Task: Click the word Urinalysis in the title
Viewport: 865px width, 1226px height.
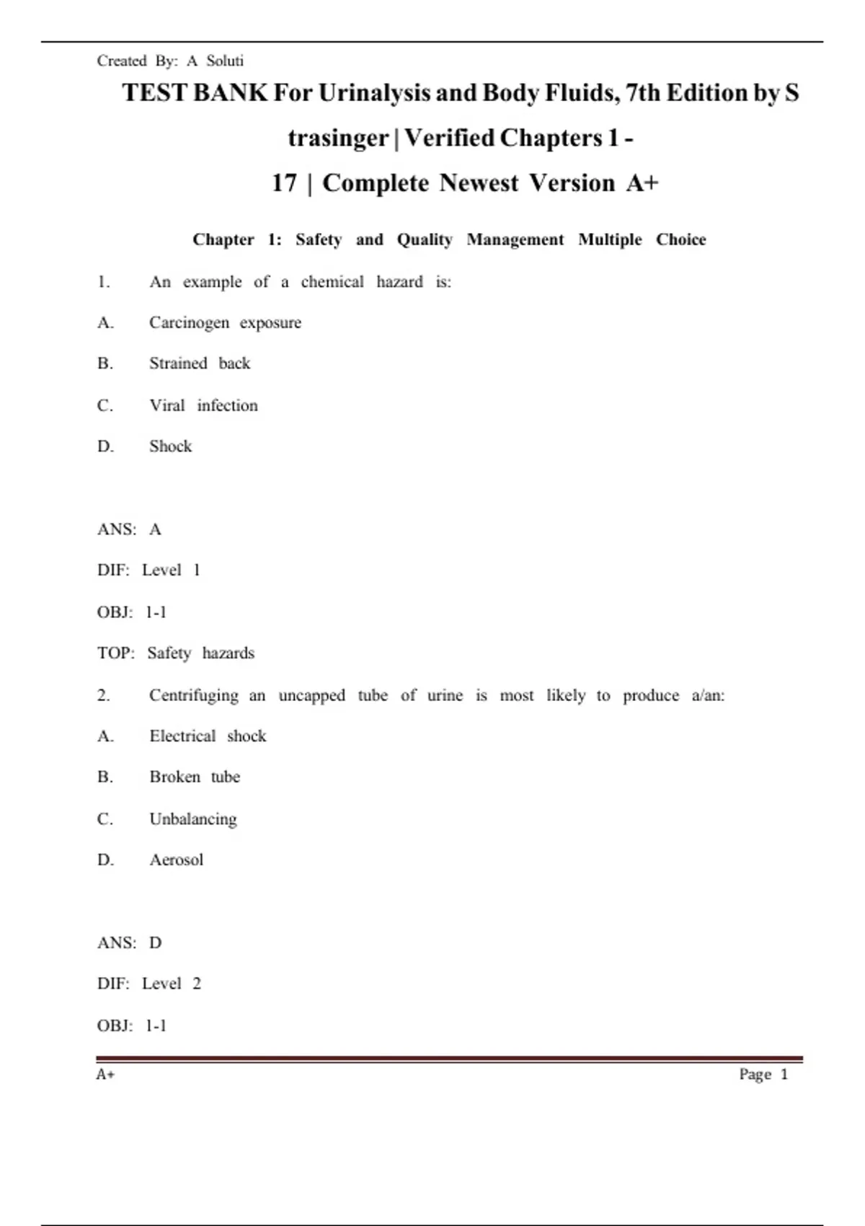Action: [376, 93]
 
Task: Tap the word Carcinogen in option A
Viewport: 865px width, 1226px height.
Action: [189, 322]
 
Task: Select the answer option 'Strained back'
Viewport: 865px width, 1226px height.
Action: [200, 363]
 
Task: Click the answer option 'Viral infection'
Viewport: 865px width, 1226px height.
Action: [203, 405]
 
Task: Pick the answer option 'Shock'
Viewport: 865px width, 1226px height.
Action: [171, 446]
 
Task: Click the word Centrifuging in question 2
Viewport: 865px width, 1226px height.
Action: [193, 696]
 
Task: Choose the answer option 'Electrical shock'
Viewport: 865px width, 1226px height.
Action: [208, 736]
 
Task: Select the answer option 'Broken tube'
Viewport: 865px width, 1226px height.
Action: [195, 777]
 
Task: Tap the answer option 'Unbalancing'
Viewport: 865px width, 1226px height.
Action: [193, 819]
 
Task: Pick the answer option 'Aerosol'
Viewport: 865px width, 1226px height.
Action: [177, 860]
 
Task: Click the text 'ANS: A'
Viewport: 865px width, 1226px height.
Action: [129, 530]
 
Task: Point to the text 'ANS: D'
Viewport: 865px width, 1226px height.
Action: [130, 943]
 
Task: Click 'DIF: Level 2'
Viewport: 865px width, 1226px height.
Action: [149, 984]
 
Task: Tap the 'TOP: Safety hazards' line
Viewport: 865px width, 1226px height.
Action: [176, 653]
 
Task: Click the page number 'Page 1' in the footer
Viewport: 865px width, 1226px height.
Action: [763, 1075]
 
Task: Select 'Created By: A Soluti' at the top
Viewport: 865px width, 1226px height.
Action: [170, 61]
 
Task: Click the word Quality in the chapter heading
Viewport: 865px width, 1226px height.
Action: [425, 239]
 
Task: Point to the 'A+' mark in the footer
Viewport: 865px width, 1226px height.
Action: [105, 1075]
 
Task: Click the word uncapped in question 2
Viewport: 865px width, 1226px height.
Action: [311, 696]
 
